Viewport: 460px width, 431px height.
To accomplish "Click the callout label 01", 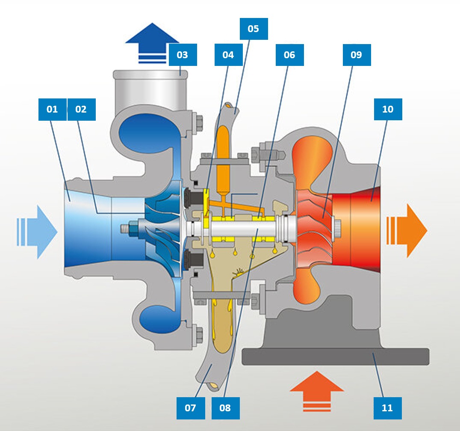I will [52, 110].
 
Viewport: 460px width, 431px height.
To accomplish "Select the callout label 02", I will [81, 110].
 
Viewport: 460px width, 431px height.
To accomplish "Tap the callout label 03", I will [183, 55].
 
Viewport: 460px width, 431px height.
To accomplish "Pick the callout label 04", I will [228, 55].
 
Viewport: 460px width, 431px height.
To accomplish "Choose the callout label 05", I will [254, 29].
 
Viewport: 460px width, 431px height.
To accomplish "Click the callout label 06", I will [289, 55].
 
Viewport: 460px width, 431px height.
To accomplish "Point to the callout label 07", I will [191, 408].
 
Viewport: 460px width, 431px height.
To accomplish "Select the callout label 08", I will [225, 408].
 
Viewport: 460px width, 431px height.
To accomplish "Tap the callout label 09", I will [357, 55].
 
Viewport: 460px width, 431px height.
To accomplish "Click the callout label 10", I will [388, 109].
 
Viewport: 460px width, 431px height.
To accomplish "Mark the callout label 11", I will [387, 408].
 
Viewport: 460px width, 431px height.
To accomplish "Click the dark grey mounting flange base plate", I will [335, 356].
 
